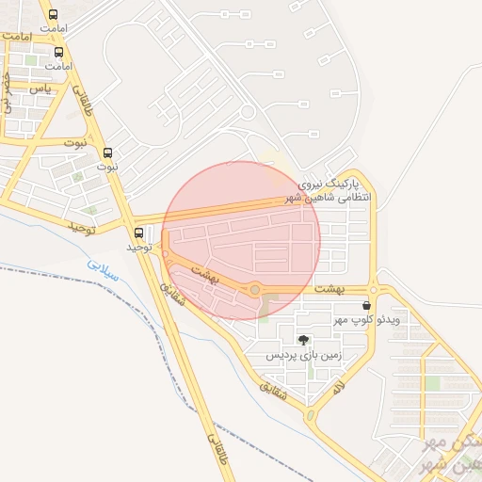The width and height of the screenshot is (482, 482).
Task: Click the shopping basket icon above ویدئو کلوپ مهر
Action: (x=365, y=305)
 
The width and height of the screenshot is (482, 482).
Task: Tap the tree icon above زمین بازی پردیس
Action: (x=303, y=340)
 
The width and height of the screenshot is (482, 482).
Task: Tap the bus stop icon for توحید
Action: (x=139, y=233)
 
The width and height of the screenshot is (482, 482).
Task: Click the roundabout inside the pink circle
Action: (x=255, y=289)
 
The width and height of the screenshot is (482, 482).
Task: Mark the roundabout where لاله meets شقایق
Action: (x=310, y=413)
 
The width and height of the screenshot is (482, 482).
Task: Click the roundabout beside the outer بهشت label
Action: (x=373, y=290)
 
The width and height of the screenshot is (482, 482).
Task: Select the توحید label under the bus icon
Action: (x=138, y=247)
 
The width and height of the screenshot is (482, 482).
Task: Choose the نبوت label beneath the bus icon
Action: (x=105, y=166)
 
